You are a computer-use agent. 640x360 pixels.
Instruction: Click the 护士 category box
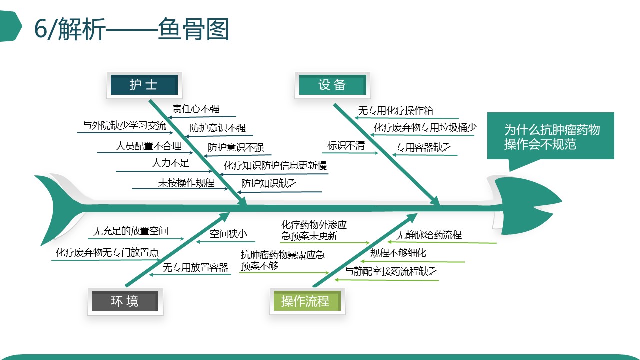[144, 85]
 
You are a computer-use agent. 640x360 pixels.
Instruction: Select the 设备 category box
[333, 85]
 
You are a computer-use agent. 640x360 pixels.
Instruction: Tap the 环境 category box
[125, 301]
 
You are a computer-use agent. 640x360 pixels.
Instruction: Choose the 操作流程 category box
[307, 301]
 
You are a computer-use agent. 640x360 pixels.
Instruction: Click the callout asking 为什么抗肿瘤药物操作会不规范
[551, 136]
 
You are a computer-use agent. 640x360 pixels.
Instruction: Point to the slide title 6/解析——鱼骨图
[131, 29]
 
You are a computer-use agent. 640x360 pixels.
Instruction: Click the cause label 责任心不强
[196, 109]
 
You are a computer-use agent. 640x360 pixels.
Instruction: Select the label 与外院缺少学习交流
[124, 125]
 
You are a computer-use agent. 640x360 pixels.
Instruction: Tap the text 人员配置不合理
[148, 146]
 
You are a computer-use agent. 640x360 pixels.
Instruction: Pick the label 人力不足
[170, 163]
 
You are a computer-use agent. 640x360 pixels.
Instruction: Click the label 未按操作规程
[186, 183]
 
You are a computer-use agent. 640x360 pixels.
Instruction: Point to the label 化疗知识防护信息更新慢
[275, 165]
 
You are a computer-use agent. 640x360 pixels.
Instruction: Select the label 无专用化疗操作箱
[395, 110]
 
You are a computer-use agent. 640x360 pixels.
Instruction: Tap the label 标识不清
[346, 145]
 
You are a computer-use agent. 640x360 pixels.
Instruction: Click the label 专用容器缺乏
[423, 147]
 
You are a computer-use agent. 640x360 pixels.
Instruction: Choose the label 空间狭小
[228, 234]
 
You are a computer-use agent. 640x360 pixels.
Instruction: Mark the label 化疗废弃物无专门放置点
[107, 252]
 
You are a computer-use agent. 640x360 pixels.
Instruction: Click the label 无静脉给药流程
[429, 235]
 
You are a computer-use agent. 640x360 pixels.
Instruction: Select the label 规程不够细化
[398, 253]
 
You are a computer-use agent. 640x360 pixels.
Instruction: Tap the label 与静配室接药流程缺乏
[391, 271]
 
